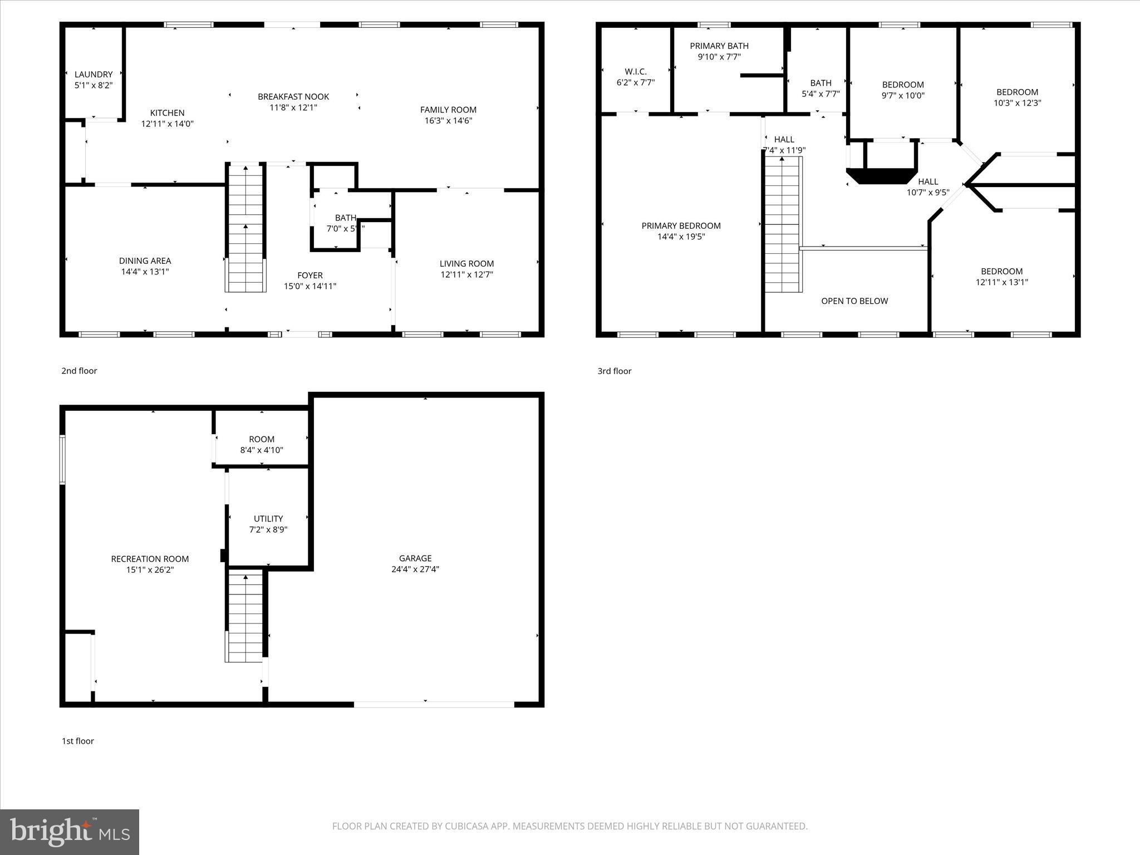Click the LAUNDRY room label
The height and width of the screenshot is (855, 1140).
tap(94, 75)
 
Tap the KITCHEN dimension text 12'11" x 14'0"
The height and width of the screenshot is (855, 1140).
tap(167, 124)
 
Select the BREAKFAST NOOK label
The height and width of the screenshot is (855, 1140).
tap(293, 97)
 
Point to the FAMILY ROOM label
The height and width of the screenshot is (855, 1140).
tap(448, 110)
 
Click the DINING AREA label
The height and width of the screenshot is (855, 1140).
tap(145, 261)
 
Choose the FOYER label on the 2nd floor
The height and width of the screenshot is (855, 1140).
tap(310, 276)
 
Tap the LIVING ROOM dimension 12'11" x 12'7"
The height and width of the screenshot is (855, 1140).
tap(466, 274)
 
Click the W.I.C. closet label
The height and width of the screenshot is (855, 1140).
tap(635, 72)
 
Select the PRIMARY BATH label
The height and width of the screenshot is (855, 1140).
tap(719, 46)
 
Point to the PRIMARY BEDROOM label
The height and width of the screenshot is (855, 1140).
tap(681, 226)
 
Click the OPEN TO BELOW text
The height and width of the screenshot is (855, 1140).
tap(854, 301)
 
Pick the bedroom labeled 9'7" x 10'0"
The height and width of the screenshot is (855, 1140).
tap(903, 90)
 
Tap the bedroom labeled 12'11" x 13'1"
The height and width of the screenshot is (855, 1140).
tap(1001, 277)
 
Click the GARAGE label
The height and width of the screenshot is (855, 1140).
tap(415, 558)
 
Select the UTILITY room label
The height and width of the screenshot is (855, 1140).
tap(268, 519)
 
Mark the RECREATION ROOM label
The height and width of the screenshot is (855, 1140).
tap(150, 559)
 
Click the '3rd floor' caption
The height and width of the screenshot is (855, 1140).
tap(615, 371)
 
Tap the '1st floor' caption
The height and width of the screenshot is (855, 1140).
tap(78, 741)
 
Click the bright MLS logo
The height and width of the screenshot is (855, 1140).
tap(70, 832)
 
